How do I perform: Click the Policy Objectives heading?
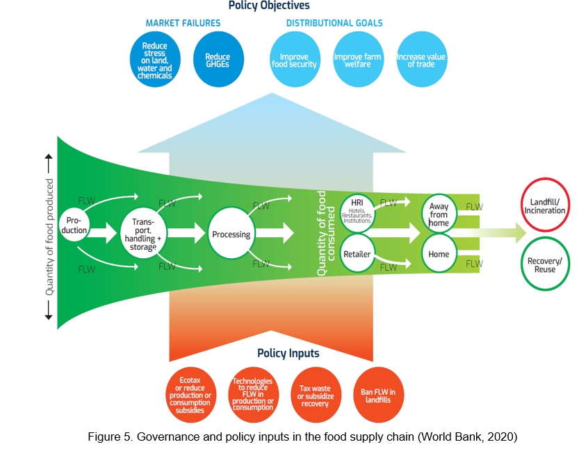[x=269, y=6]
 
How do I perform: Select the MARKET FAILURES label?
[x=183, y=23]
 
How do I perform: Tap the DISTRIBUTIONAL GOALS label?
[x=334, y=23]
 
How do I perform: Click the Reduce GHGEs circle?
[x=218, y=60]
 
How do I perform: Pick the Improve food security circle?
[x=295, y=60]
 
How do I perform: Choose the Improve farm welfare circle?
[x=358, y=60]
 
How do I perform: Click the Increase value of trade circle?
[x=421, y=60]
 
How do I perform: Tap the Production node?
[x=74, y=225]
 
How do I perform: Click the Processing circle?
[x=231, y=234]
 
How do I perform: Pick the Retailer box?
[x=357, y=255]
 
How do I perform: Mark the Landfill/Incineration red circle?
[x=546, y=206]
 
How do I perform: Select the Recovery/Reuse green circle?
[x=546, y=264]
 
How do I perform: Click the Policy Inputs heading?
[x=288, y=353]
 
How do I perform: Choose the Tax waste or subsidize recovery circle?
[x=316, y=396]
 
